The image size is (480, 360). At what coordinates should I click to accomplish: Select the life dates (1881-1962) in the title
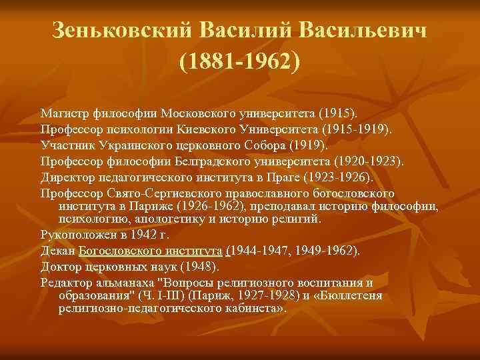tap(240, 61)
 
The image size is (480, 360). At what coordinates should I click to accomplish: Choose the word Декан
tap(57, 251)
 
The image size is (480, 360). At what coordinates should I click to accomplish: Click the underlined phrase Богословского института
tap(151, 251)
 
